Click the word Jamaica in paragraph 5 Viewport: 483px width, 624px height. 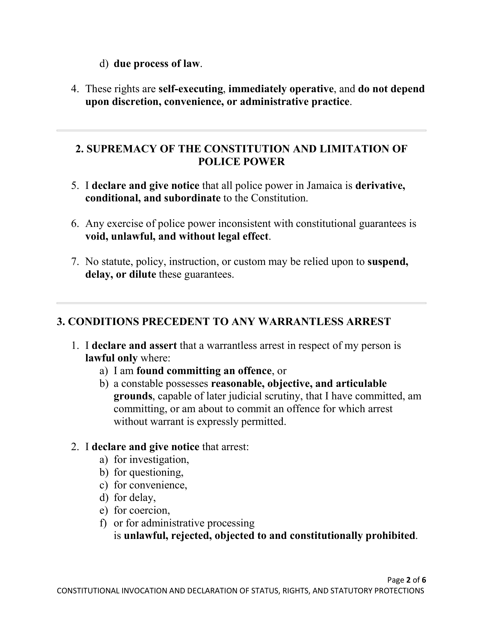tap(324, 186)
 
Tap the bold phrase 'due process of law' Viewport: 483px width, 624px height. tap(156, 64)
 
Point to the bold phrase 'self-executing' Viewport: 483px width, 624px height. tap(191, 89)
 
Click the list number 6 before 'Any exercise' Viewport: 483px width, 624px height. tap(75, 224)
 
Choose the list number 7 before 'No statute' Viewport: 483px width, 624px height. tap(75, 262)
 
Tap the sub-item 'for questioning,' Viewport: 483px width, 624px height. tap(149, 472)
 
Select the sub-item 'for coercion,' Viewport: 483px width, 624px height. tap(142, 510)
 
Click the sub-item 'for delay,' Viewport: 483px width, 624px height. tap(135, 498)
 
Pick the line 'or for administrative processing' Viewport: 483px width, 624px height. tap(184, 523)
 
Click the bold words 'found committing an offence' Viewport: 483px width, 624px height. tap(204, 371)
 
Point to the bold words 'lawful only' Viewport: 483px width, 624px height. tap(111, 358)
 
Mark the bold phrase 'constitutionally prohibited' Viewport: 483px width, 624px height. tap(352, 536)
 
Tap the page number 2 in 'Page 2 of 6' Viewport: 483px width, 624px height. tap(408, 580)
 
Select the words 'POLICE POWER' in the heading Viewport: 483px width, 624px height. tap(241, 162)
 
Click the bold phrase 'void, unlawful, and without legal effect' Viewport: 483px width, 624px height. tap(177, 237)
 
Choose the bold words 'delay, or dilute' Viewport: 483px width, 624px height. tap(120, 274)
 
